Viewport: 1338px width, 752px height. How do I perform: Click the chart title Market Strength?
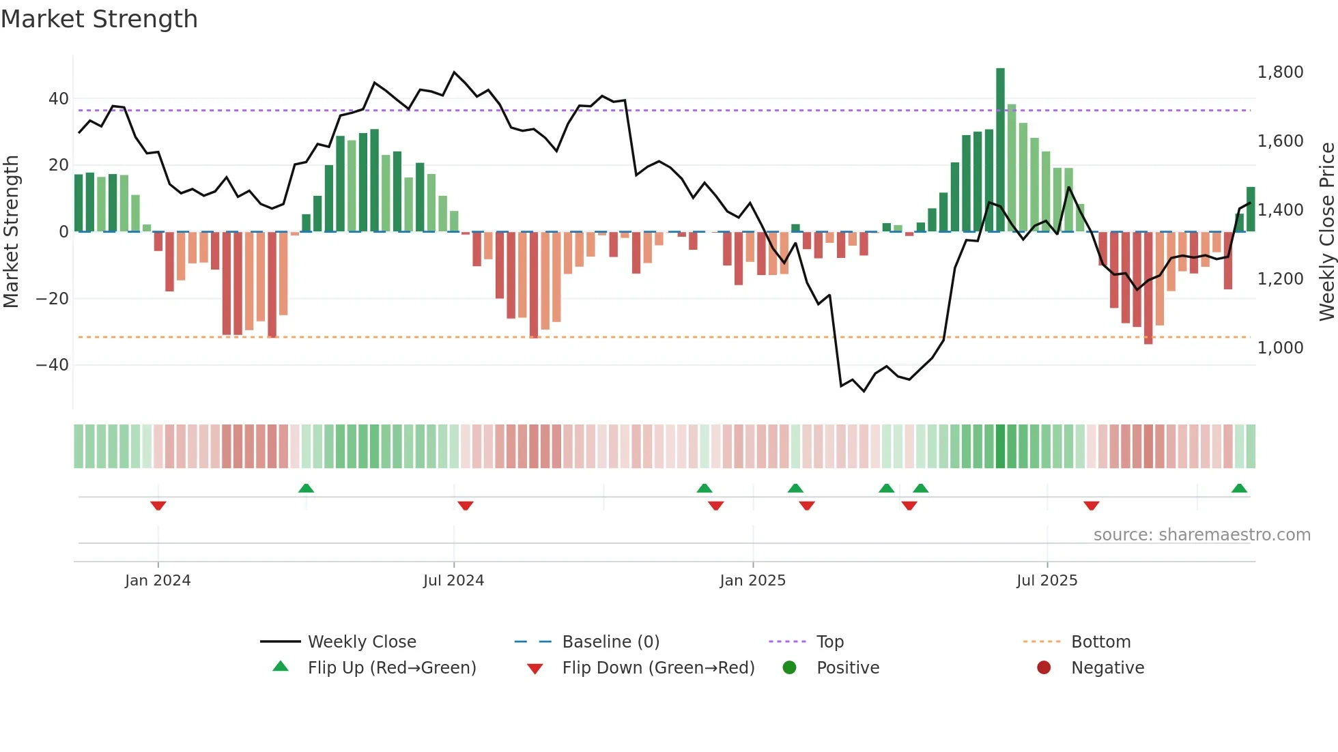point(100,19)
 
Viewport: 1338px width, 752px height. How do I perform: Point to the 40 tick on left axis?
point(59,99)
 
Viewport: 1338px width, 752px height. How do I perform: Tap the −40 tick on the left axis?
point(53,365)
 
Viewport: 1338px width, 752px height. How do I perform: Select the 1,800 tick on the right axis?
point(1280,72)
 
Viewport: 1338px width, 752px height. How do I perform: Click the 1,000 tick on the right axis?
point(1280,348)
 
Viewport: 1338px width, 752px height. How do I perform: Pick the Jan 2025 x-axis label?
point(752,581)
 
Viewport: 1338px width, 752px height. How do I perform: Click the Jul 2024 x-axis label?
point(453,581)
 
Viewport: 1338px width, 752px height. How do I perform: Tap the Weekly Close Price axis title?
point(1326,231)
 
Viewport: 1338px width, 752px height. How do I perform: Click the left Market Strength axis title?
point(12,231)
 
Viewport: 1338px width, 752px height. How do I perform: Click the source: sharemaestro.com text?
point(1201,535)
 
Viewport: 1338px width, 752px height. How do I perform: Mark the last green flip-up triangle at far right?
point(1239,488)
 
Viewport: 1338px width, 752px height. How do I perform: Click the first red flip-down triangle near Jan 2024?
point(158,506)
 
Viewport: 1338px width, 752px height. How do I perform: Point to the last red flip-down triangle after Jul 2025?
point(1091,506)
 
